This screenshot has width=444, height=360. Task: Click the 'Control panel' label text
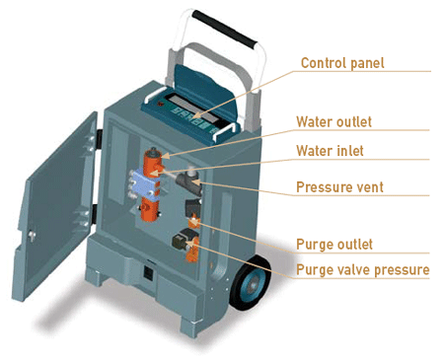342,64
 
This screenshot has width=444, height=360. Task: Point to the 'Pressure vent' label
340,186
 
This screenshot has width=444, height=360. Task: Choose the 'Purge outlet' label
334,244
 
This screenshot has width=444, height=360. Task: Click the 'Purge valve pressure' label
362,269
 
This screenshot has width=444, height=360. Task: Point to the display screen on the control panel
185,103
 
